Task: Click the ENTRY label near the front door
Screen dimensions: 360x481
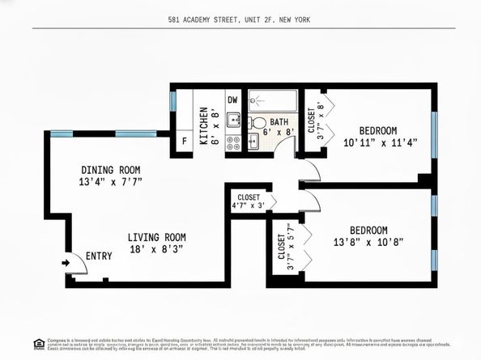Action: pos(99,256)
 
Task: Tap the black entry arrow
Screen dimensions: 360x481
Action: pos(64,262)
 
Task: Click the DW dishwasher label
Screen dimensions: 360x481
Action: pos(232,100)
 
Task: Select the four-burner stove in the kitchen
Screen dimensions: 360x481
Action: pos(232,142)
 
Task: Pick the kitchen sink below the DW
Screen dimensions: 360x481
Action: pos(232,121)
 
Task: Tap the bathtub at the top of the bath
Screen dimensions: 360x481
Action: pos(274,100)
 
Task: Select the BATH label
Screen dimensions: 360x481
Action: pos(279,122)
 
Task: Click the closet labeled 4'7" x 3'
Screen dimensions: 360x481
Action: pos(249,201)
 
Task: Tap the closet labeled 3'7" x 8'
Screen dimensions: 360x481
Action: pos(315,120)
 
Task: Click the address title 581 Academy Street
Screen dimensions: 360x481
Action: pos(240,19)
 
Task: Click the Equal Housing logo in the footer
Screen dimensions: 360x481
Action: pos(38,344)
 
